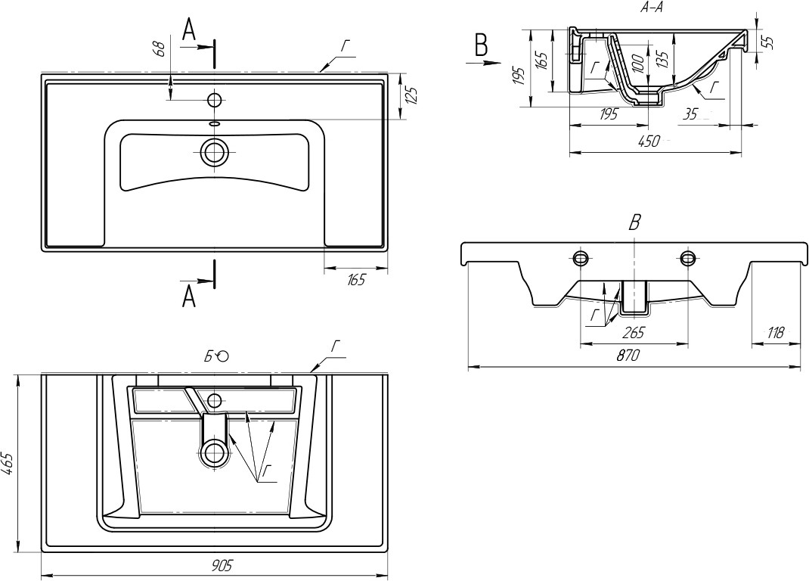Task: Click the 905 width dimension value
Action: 221,564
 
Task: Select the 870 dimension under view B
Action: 628,356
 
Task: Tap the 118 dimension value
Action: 774,332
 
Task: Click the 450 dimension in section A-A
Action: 649,141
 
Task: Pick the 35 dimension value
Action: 691,114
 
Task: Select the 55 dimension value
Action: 767,42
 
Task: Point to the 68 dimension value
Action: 159,49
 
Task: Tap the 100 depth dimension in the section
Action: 638,64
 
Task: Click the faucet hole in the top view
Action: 215,99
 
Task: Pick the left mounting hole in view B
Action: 581,258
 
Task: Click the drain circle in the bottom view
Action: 215,452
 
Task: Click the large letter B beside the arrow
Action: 481,45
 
